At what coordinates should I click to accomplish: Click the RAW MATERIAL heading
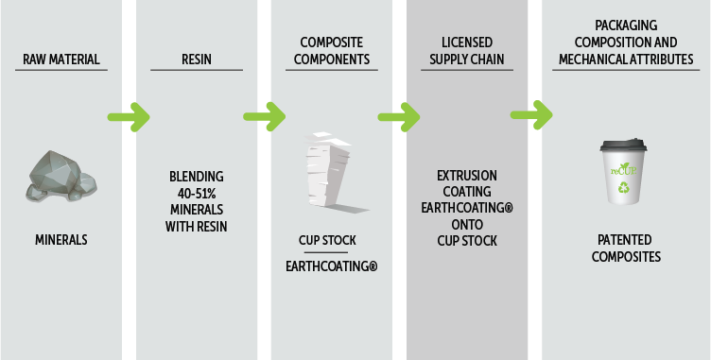61,60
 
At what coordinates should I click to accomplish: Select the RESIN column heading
196,60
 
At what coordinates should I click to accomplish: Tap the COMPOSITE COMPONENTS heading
332,51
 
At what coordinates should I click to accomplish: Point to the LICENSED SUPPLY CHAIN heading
467,51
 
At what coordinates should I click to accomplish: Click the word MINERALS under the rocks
61,240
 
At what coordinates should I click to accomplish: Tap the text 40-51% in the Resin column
196,193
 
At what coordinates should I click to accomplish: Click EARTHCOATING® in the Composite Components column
332,267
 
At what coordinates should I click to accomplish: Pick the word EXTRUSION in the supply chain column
467,176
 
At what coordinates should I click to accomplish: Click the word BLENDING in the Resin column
196,176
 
